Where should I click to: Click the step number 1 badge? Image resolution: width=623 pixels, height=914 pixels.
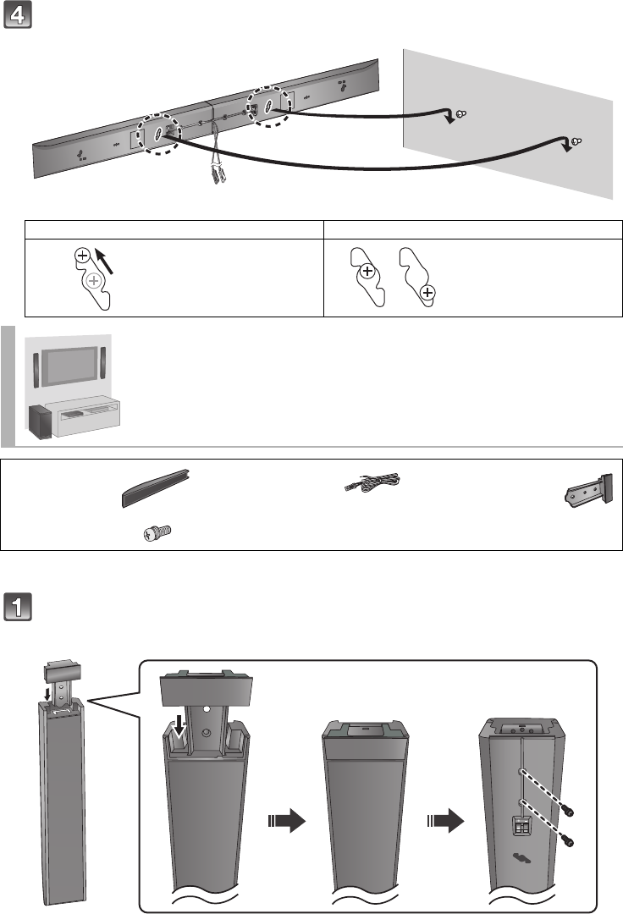tap(19, 608)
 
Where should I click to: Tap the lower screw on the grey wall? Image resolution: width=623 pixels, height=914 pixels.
tap(576, 140)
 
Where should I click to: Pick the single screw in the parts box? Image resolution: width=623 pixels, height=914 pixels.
tap(157, 532)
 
